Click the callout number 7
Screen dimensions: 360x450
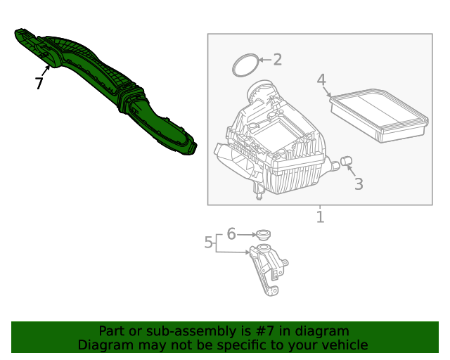pos(39,84)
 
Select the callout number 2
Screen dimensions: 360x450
pos(277,60)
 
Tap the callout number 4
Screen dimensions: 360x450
pos(321,80)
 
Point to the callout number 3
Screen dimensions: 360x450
pos(359,184)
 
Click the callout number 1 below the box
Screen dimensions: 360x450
pos(320,217)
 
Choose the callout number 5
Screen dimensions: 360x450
pos(208,243)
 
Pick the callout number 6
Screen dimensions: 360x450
pos(231,234)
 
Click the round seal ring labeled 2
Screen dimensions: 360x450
pos(244,65)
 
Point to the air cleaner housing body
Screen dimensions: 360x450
pos(274,148)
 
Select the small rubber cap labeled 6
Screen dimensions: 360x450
pos(263,235)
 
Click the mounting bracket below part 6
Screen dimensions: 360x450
pos(268,271)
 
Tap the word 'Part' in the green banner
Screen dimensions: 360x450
pos(112,331)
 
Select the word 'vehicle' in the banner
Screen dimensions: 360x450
pos(343,345)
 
